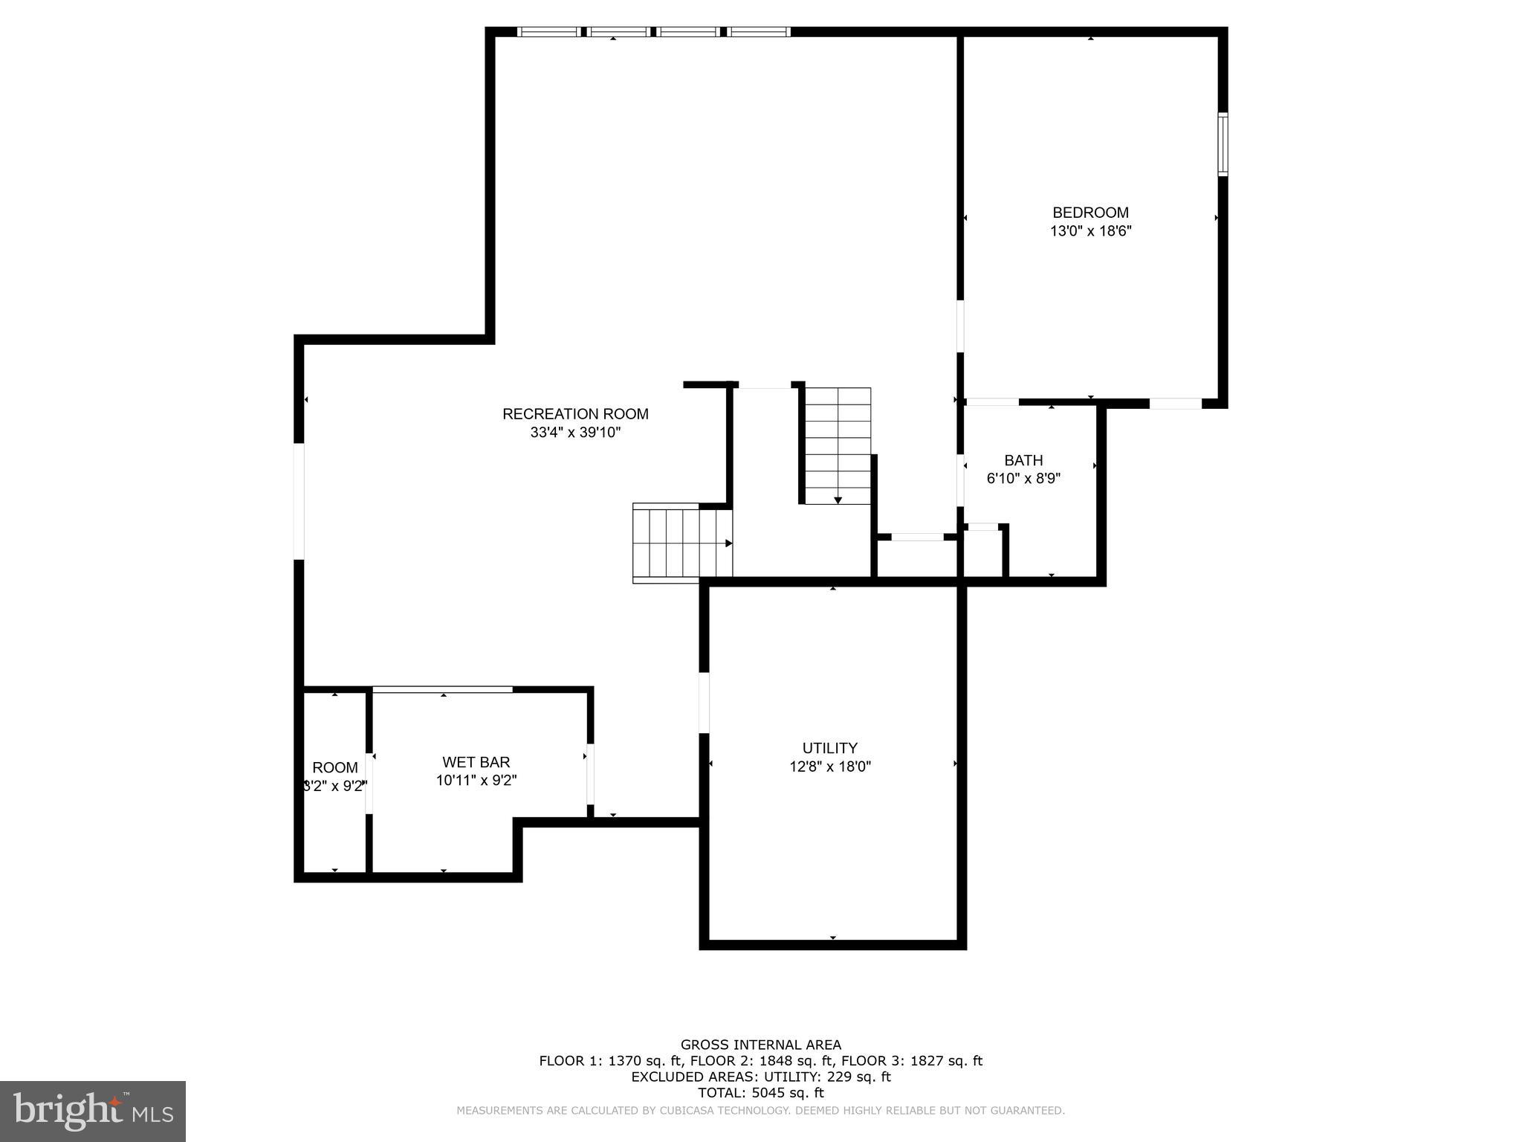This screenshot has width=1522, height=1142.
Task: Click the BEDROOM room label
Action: pyautogui.click(x=1090, y=213)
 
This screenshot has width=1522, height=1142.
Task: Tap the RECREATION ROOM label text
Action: pyautogui.click(x=575, y=414)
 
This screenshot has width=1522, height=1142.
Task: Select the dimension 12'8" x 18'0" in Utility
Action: pyautogui.click(x=830, y=767)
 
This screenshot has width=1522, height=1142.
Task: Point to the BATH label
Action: pyautogui.click(x=1023, y=460)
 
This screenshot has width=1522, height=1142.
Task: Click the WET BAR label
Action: pyautogui.click(x=476, y=762)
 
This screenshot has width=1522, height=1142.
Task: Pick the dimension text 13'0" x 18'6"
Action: pyautogui.click(x=1090, y=231)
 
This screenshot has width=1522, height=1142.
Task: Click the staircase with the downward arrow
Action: pyautogui.click(x=838, y=445)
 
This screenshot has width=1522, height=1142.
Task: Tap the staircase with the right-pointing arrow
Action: pyautogui.click(x=682, y=543)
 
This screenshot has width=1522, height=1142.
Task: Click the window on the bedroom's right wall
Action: pyautogui.click(x=1222, y=144)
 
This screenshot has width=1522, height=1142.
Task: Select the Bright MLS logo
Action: pyautogui.click(x=93, y=1111)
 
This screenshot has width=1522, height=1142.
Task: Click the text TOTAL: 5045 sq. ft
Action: pyautogui.click(x=761, y=1093)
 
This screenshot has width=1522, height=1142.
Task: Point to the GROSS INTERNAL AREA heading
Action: pyautogui.click(x=761, y=1045)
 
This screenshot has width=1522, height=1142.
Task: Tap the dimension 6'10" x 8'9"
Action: pyautogui.click(x=1023, y=479)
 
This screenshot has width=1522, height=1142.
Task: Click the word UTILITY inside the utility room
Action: pyautogui.click(x=830, y=748)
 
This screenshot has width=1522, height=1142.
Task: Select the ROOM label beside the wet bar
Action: pyautogui.click(x=335, y=768)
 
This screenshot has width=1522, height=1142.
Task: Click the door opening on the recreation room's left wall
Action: pyautogui.click(x=299, y=501)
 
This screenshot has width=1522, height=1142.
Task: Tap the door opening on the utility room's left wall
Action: pyautogui.click(x=704, y=703)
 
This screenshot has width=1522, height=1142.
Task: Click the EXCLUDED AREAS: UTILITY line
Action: pyautogui.click(x=761, y=1077)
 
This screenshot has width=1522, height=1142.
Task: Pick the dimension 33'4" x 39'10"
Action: pyautogui.click(x=575, y=433)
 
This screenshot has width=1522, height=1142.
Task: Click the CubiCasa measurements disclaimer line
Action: pyautogui.click(x=761, y=1111)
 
